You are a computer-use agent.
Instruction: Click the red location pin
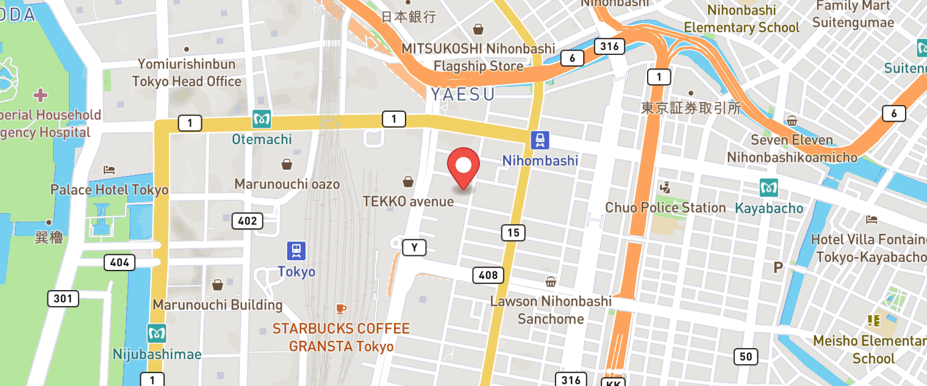click(463, 167)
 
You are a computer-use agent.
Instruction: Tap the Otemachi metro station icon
click(262, 120)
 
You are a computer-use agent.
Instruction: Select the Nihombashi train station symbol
click(540, 140)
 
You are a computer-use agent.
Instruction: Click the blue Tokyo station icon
click(296, 250)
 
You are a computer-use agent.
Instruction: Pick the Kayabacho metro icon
click(769, 188)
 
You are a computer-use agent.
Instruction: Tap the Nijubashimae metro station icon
click(157, 333)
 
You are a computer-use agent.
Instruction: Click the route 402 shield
click(247, 220)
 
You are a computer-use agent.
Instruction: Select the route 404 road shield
click(120, 263)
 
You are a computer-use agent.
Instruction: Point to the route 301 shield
click(63, 299)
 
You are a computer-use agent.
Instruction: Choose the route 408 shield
click(489, 275)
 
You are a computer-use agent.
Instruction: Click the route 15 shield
click(513, 232)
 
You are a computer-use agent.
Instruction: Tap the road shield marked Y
click(414, 247)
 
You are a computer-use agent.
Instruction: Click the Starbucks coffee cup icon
click(341, 310)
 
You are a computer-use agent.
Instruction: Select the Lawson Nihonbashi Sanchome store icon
click(551, 282)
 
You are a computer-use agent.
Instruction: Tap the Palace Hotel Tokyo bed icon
click(109, 169)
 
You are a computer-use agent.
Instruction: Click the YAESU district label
click(462, 94)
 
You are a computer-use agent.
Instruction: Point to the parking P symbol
click(778, 267)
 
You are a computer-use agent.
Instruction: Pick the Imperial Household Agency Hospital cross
click(41, 95)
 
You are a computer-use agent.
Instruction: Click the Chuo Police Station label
click(665, 208)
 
